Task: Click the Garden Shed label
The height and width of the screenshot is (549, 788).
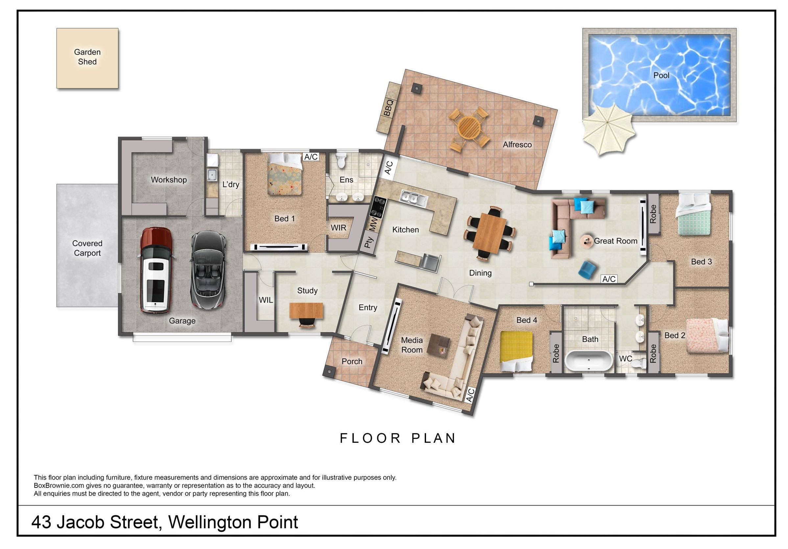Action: click(x=87, y=57)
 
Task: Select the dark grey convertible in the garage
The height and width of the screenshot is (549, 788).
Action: click(x=208, y=270)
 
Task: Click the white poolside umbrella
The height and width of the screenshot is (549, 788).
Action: click(x=608, y=129)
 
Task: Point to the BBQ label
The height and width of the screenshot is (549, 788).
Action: click(x=389, y=108)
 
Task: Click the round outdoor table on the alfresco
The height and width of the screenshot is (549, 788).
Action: click(x=469, y=128)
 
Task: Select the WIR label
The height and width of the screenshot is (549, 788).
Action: click(x=338, y=228)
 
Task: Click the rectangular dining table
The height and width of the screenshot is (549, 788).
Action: click(x=490, y=233)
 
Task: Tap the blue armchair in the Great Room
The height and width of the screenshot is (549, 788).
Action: click(x=587, y=269)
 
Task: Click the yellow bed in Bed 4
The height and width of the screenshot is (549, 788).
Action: click(x=516, y=351)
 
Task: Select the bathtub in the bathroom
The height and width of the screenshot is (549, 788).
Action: click(x=588, y=361)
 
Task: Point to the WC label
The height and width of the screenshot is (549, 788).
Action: click(x=625, y=359)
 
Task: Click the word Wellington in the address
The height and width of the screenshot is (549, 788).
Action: click(x=209, y=522)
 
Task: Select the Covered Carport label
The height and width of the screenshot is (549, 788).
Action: click(x=87, y=248)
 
